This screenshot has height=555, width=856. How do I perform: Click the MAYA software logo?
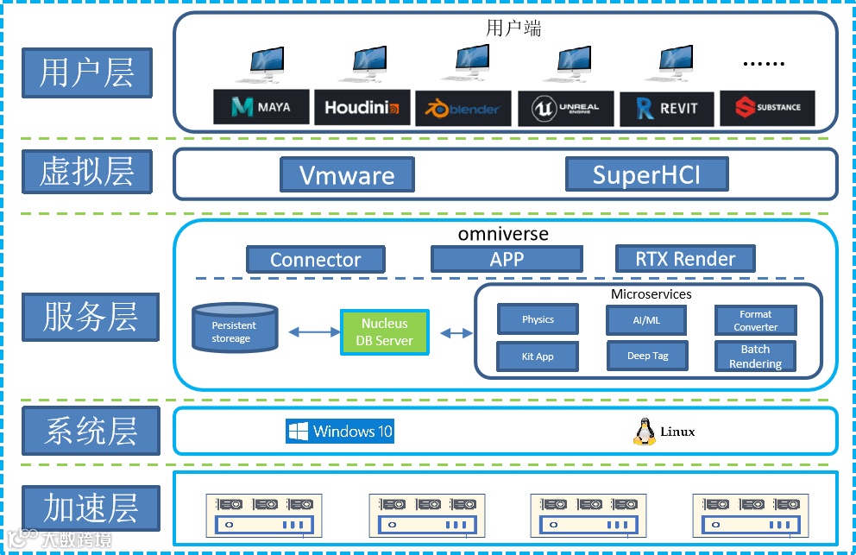[261, 107]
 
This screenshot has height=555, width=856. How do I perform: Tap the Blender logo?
[463, 109]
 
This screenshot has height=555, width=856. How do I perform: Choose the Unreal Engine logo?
[564, 109]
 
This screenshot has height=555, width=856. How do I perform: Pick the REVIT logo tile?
[666, 109]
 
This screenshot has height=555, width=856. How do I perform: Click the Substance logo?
[766, 108]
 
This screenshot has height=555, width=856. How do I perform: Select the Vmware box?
[347, 175]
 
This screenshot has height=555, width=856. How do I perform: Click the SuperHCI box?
[646, 175]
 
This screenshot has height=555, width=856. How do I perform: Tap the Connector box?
[315, 260]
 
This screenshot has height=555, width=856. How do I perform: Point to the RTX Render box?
[685, 258]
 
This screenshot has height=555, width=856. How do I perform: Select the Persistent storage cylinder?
[235, 329]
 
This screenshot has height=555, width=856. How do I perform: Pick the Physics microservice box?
[538, 319]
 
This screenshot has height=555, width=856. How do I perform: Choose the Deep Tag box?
[647, 356]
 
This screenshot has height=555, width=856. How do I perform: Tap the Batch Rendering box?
[755, 356]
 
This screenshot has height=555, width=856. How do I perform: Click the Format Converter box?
[755, 320]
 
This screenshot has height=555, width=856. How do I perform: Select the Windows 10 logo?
[340, 432]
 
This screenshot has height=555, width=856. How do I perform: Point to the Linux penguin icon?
[643, 432]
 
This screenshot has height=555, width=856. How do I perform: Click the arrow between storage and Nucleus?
[310, 331]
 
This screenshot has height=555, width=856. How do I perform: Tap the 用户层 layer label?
[87, 73]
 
